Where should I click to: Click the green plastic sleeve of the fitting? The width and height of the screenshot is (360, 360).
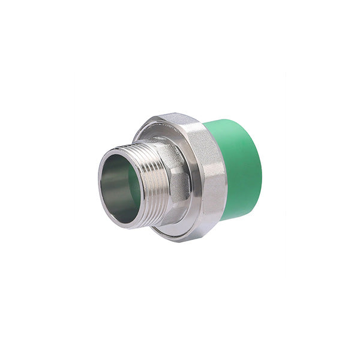237,165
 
